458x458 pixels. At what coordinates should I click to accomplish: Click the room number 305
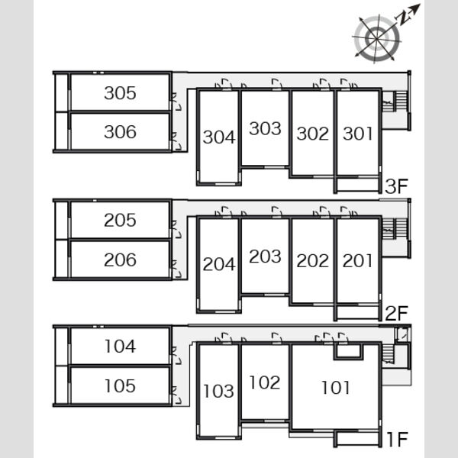point(120,93)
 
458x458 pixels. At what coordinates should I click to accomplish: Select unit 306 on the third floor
point(120,132)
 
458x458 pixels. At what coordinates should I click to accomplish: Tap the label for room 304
point(219,137)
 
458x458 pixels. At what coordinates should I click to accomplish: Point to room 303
point(265,128)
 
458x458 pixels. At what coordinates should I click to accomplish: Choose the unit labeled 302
point(313,134)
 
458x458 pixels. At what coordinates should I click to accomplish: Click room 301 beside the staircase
point(357,134)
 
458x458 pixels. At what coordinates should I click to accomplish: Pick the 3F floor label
point(396,186)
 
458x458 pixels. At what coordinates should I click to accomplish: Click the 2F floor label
point(396,314)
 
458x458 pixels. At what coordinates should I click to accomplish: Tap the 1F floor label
point(397,439)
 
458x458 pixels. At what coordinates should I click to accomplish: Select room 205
point(120,221)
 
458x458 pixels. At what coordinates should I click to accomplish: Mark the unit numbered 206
point(120,260)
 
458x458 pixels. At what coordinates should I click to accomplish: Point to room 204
point(219,264)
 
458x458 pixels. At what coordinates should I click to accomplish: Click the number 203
point(265,256)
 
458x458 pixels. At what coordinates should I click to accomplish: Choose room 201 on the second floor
point(357,260)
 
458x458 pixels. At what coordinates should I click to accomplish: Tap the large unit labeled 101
point(336,388)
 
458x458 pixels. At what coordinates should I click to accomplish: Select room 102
point(265,382)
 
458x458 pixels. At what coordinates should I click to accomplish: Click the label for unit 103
point(218,391)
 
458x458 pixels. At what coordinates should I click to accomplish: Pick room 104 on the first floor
point(120,346)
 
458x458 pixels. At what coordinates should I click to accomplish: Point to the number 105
point(120,385)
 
